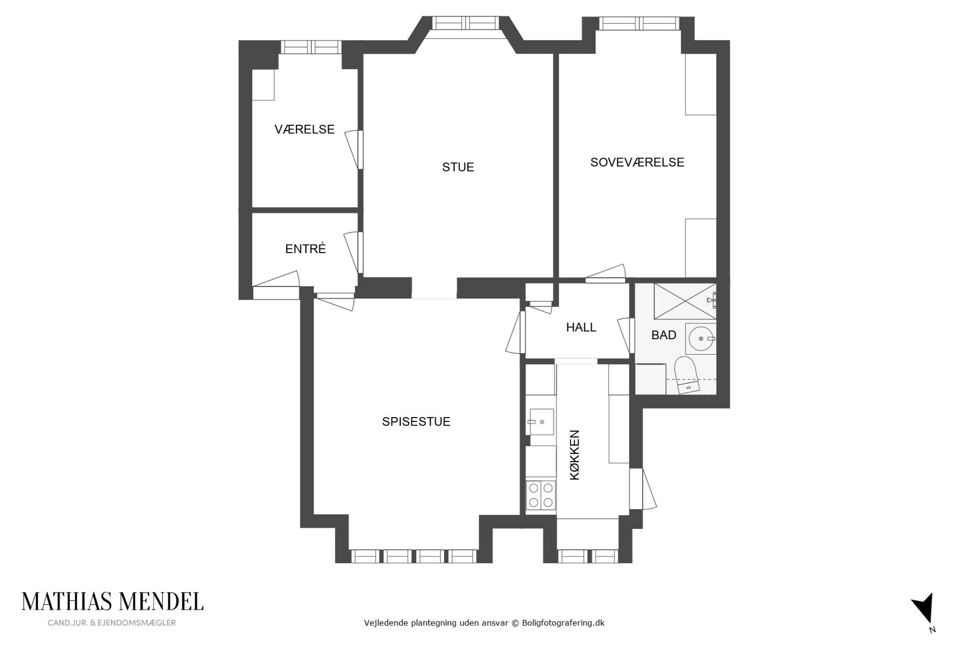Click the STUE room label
(458, 167)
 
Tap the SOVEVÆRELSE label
(637, 162)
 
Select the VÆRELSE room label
(304, 130)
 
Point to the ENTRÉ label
(305, 249)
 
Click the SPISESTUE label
(416, 422)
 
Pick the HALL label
(581, 327)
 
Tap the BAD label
(664, 335)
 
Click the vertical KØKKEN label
(575, 455)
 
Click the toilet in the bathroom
(686, 375)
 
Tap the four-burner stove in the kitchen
(540, 496)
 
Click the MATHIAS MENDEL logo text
(112, 601)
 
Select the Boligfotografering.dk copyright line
(484, 623)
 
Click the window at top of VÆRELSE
(312, 47)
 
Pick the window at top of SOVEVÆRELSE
(638, 23)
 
